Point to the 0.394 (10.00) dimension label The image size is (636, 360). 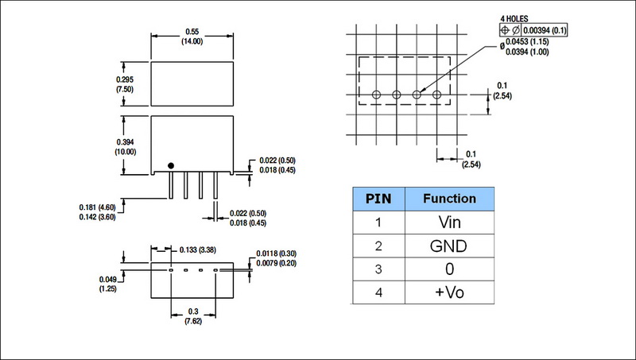coord(126,146)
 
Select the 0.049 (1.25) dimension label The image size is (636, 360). coord(110,285)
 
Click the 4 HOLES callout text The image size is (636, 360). coord(514,17)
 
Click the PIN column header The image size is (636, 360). coord(378,198)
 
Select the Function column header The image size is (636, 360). coord(450,198)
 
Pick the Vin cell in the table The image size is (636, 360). coord(450,223)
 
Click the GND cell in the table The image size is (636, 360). coord(450,246)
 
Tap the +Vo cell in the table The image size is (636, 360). coord(450,292)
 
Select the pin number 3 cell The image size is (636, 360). coord(378,269)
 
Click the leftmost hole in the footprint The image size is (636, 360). coord(376,95)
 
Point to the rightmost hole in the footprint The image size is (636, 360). coord(436,95)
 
